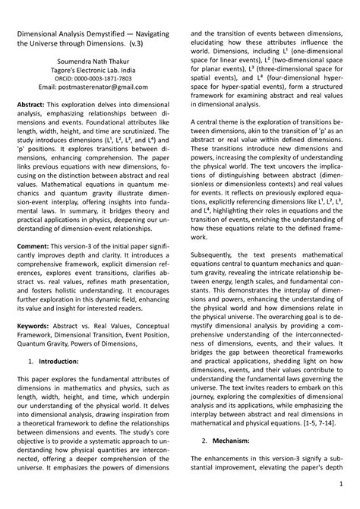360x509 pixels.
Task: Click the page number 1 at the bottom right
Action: pyautogui.click(x=343, y=484)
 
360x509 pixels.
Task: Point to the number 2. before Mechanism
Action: pyautogui.click(x=205, y=440)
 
